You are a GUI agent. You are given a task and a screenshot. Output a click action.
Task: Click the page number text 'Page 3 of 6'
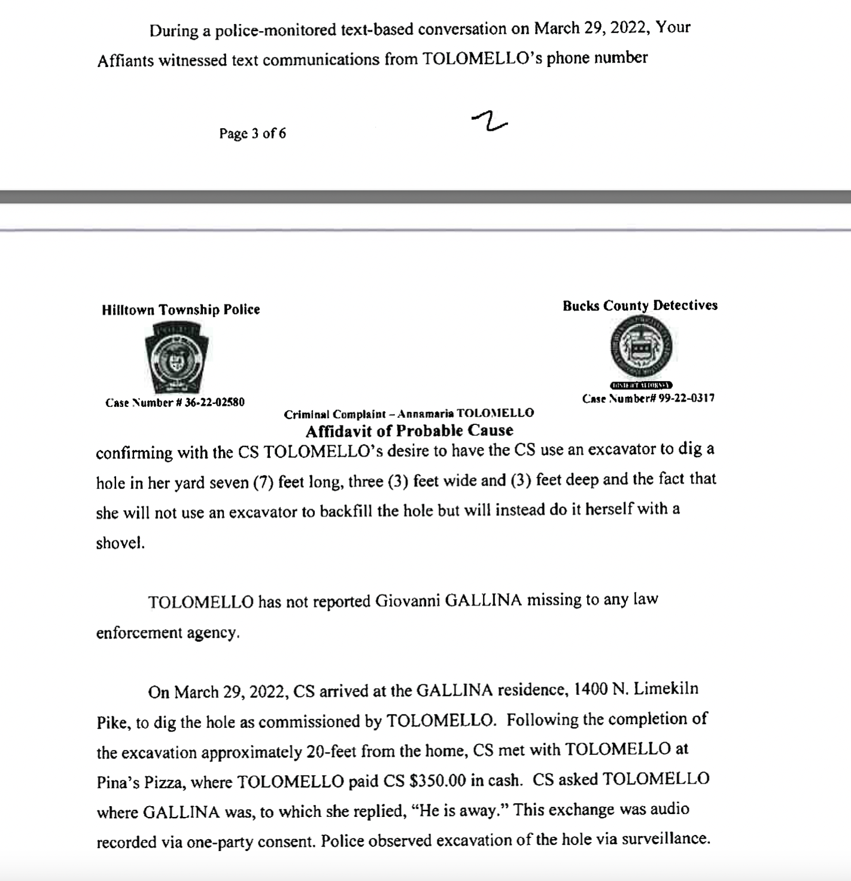[252, 133]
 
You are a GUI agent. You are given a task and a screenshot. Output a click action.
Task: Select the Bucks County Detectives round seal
[641, 347]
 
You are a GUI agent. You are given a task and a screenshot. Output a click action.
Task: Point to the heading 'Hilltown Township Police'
[181, 309]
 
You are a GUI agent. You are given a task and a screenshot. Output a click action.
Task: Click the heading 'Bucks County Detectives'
[640, 305]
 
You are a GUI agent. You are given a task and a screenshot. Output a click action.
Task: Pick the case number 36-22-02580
[214, 402]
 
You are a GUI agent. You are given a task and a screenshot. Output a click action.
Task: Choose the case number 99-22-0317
[686, 398]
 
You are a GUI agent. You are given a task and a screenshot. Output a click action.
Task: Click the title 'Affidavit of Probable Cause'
[409, 430]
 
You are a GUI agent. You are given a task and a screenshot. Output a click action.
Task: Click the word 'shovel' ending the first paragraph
[119, 543]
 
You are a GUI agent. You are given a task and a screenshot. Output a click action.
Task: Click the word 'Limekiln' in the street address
[665, 689]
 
